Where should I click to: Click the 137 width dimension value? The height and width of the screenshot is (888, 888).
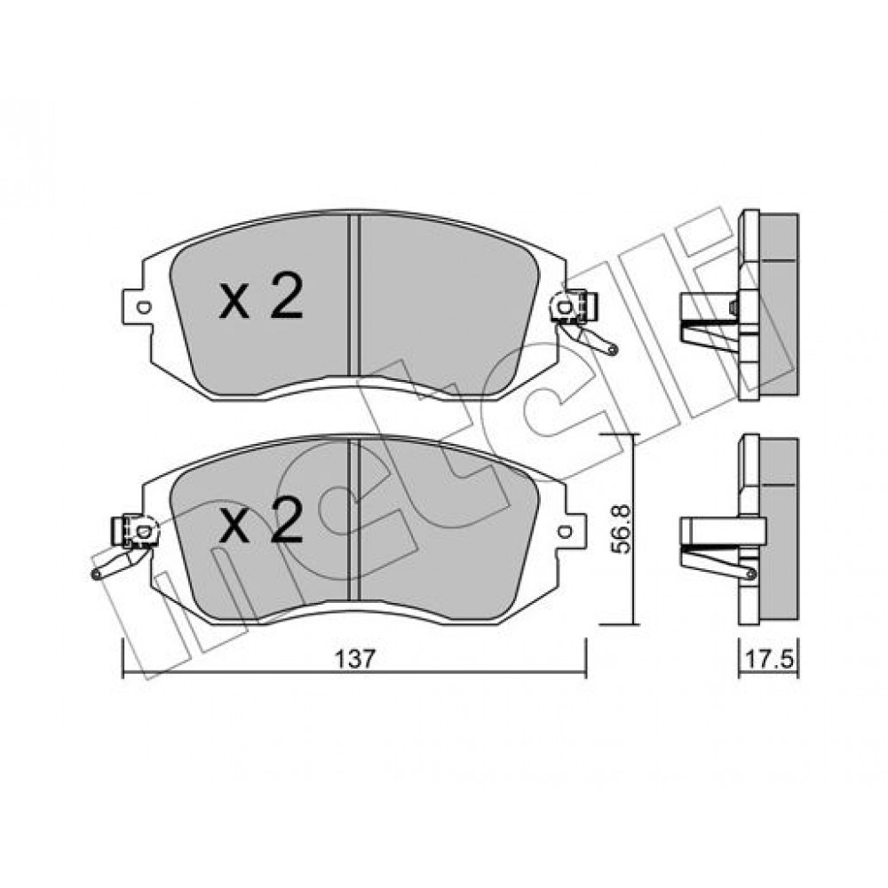355,659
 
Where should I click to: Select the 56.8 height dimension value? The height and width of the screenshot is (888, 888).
622,530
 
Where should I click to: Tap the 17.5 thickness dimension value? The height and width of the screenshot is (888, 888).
769,661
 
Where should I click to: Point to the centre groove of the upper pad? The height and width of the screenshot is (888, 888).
354,295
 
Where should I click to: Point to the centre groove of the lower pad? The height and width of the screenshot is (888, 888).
354,519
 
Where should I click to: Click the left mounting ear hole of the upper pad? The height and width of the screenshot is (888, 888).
144,307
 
